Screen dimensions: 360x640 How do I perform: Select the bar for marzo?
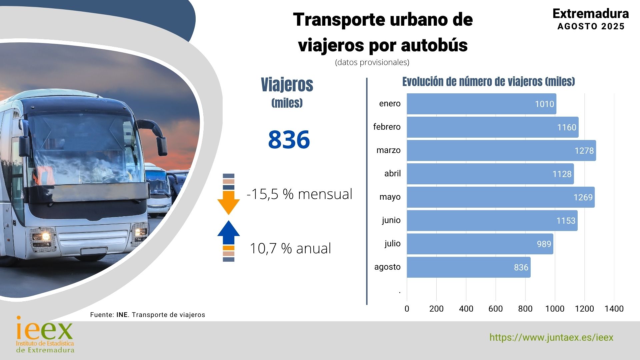click(501, 150)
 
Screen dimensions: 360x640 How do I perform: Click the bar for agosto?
click(468, 267)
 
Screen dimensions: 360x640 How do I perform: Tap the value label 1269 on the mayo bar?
click(583, 197)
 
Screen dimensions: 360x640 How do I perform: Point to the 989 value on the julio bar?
click(544, 244)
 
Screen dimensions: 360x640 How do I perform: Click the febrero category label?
click(387, 127)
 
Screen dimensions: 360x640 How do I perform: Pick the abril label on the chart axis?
click(392, 173)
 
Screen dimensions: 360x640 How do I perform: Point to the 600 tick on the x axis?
click(495, 309)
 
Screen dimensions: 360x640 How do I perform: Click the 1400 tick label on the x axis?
click(614, 309)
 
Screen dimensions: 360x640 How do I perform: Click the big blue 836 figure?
click(289, 139)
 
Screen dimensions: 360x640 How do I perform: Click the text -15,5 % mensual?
click(299, 194)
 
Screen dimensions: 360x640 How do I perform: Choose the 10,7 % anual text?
click(290, 248)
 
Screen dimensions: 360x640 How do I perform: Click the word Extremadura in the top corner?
click(590, 14)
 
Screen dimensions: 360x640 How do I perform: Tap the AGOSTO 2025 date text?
click(591, 26)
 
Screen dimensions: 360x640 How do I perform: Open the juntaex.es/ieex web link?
click(551, 337)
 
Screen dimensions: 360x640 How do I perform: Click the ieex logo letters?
click(44, 330)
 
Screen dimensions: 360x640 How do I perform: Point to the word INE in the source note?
click(122, 315)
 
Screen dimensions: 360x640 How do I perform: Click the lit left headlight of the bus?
click(43, 236)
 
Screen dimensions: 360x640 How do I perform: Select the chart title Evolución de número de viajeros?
click(488, 82)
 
